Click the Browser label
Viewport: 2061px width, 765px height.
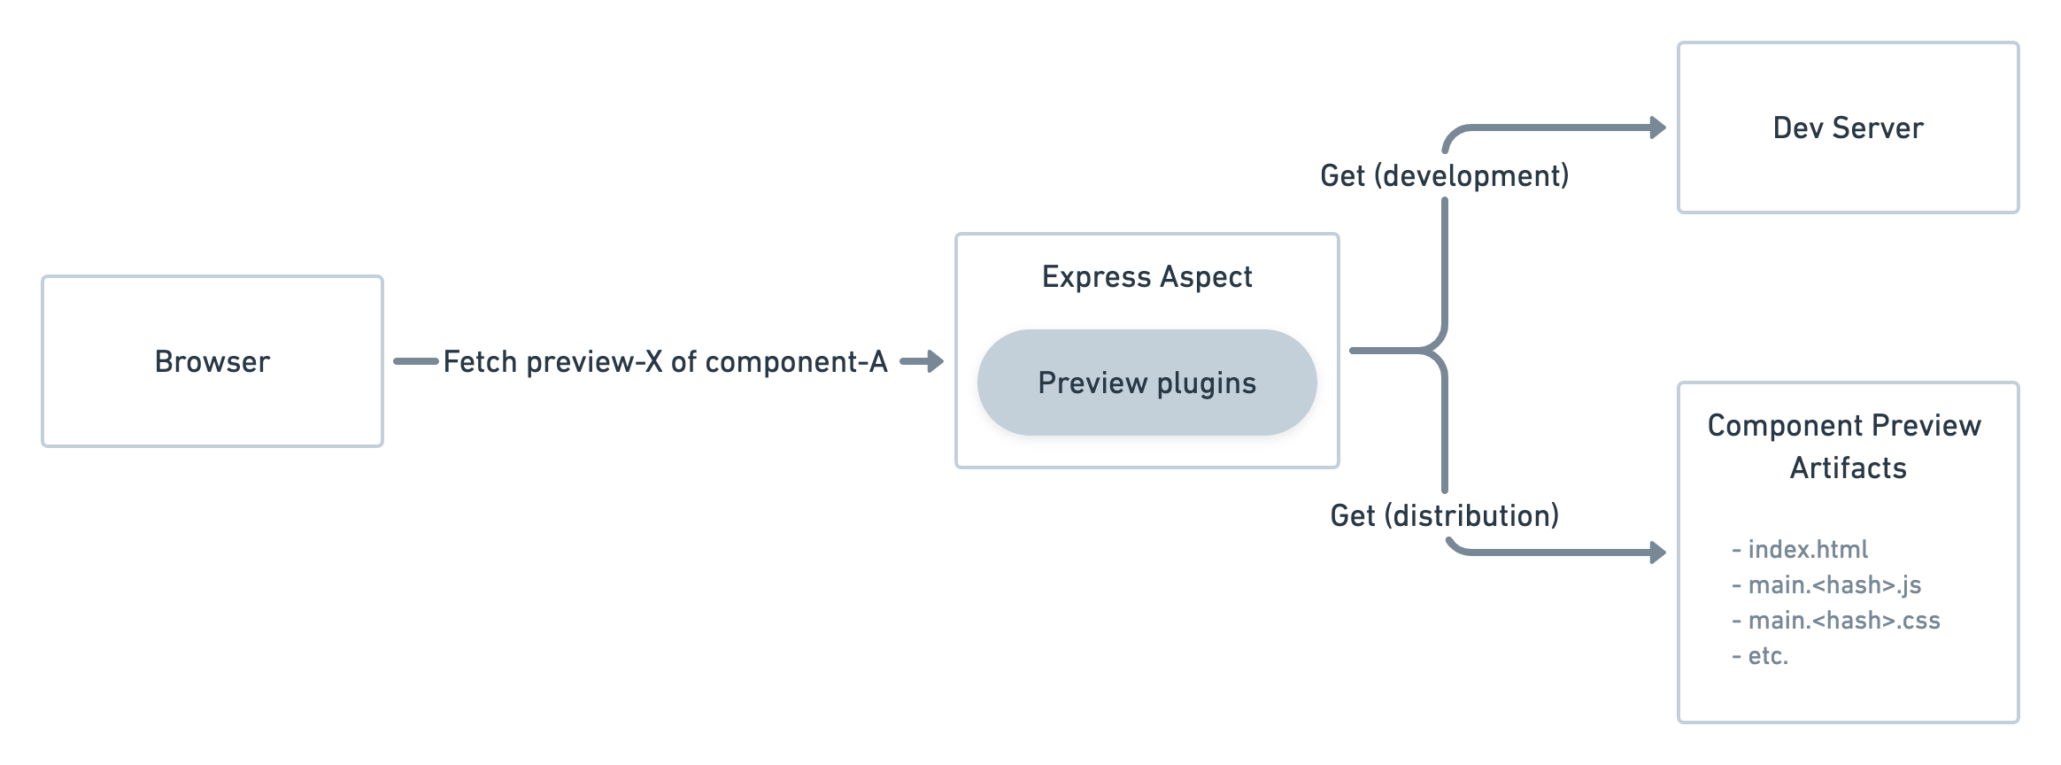[212, 362]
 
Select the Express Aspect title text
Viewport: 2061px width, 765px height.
[1146, 277]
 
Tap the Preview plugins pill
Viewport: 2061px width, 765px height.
[1146, 382]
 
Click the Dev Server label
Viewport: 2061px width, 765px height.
[1848, 128]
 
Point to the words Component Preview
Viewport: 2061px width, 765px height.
[1843, 426]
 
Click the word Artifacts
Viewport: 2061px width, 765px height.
[1848, 468]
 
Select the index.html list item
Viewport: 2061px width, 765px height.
[1806, 550]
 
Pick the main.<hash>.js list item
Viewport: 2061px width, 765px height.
[1833, 585]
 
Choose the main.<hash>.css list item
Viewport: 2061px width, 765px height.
[1842, 621]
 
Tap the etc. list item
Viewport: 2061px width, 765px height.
[1767, 656]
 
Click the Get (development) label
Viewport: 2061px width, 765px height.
[1444, 175]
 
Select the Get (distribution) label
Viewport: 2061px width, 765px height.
[1444, 515]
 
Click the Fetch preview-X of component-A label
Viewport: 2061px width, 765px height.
[665, 362]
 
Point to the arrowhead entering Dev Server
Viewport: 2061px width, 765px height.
[1657, 128]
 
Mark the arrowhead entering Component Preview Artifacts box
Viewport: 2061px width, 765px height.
[1657, 552]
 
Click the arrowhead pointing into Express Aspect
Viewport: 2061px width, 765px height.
[935, 361]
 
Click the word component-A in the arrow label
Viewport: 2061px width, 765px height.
[796, 362]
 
